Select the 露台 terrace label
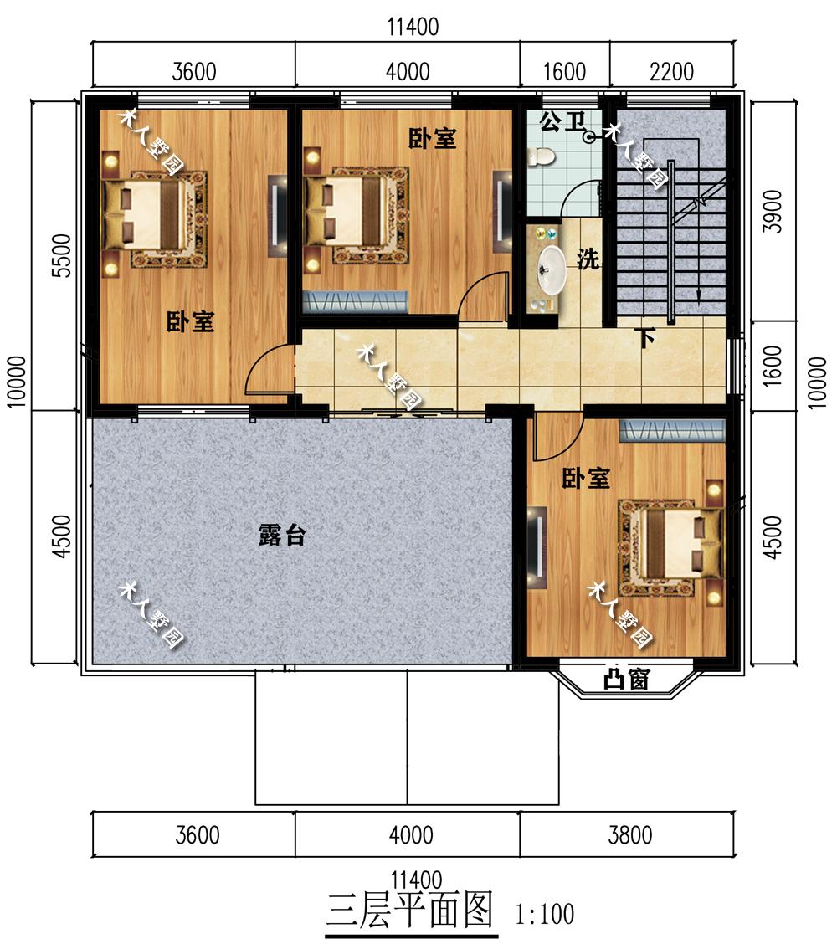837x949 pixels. [282, 535]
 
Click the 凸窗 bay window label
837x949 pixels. [627, 679]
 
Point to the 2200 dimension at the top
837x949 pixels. [671, 71]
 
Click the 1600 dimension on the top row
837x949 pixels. [564, 71]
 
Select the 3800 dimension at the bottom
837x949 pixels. [630, 835]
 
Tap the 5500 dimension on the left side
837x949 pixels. [62, 255]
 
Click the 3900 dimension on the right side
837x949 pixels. [773, 211]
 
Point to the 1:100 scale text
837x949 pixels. [545, 914]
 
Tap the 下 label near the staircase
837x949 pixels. [647, 338]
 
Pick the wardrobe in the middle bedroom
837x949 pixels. [355, 301]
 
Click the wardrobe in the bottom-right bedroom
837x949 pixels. [672, 430]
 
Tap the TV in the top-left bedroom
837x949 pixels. [277, 216]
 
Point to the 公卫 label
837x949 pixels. [562, 121]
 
